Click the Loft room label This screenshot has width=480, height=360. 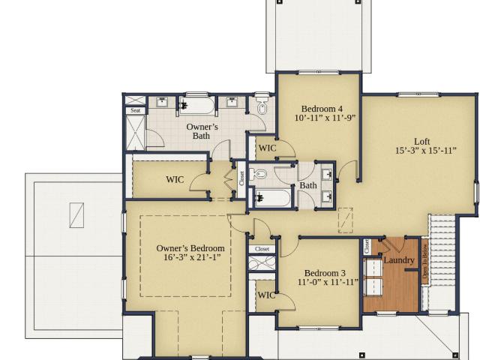(421, 142)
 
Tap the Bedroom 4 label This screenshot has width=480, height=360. (322, 109)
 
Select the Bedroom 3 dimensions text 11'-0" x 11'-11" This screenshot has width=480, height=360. (328, 282)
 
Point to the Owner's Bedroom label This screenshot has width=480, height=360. (190, 248)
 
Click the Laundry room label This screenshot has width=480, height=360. (399, 260)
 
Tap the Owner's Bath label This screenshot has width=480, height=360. (202, 131)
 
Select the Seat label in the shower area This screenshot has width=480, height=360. (136, 110)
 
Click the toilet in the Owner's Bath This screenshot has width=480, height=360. (262, 104)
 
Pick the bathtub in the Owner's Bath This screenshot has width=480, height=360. (197, 106)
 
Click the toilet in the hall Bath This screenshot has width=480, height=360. (258, 174)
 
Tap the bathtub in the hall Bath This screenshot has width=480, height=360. (272, 198)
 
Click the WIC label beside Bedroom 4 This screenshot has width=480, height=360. (267, 148)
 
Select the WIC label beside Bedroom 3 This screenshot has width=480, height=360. (266, 295)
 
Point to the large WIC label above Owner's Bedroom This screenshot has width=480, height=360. (175, 179)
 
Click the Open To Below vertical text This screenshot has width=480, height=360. (424, 262)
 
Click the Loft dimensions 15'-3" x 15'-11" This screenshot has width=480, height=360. (426, 151)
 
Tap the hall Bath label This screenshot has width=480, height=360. (308, 185)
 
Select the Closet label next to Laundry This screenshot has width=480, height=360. (367, 247)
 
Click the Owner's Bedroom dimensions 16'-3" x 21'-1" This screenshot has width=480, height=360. (192, 257)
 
